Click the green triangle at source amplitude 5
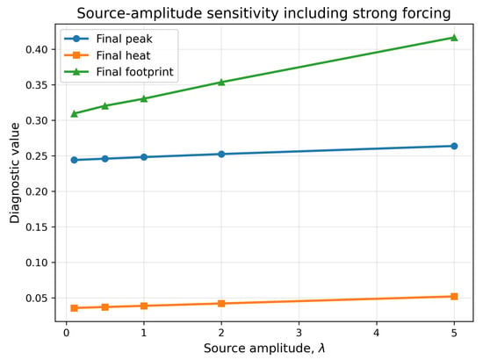tap(454, 38)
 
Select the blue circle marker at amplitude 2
tap(221, 154)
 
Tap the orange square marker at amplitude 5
tap(454, 296)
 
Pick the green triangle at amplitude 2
tap(221, 82)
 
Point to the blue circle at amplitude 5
tap(454, 146)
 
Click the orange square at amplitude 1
tap(144, 306)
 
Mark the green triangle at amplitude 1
tap(144, 98)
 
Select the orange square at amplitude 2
tap(221, 303)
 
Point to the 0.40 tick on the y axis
tap(37, 49)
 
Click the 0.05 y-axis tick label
tap(37, 299)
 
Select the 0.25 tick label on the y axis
tap(37, 155)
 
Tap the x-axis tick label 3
tap(299, 333)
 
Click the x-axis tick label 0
tap(66, 333)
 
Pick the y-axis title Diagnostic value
tap(14, 173)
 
